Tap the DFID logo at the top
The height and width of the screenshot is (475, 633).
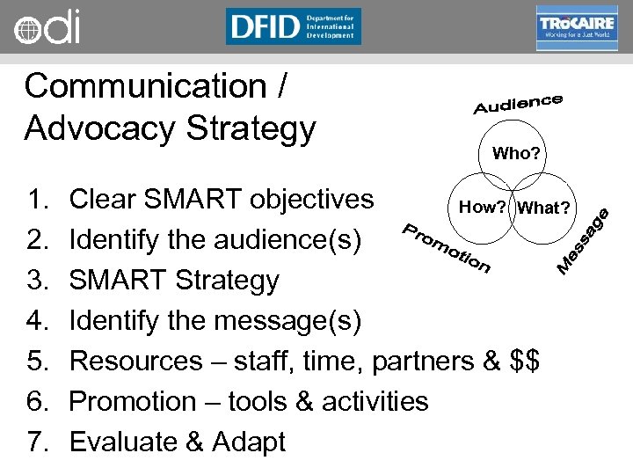click(293, 26)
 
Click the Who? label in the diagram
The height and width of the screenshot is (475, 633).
click(516, 154)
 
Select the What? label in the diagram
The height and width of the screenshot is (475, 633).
click(544, 208)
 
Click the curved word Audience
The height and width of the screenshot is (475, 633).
click(518, 104)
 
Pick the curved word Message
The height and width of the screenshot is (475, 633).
click(584, 239)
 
